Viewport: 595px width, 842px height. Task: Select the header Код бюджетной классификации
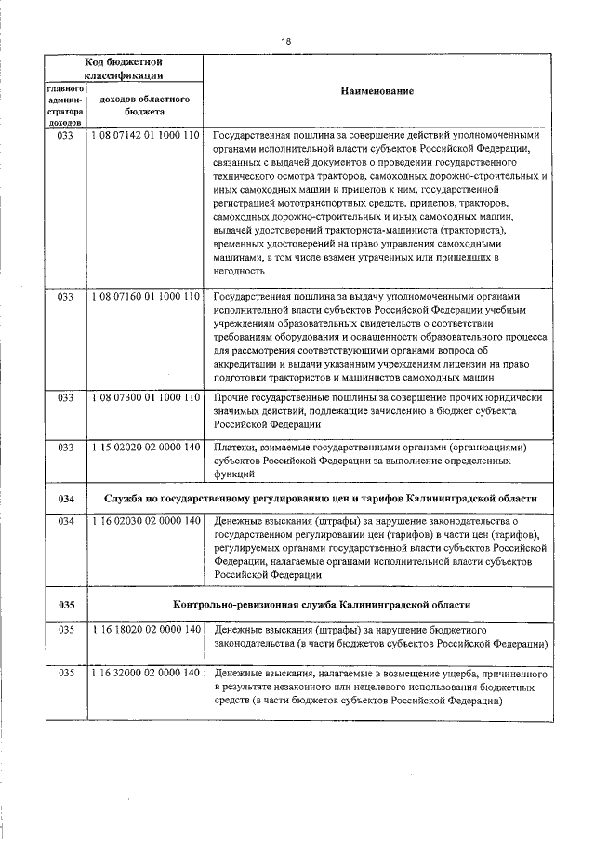coord(124,68)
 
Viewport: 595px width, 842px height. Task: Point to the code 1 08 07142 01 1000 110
coord(145,136)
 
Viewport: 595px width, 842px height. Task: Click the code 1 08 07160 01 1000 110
coord(145,297)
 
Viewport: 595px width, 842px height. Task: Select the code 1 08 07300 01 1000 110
coord(145,397)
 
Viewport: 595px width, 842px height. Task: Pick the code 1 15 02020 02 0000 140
coord(145,448)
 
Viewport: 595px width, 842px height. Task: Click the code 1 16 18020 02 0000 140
coord(145,630)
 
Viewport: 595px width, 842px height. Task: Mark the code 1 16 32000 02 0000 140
coord(145,673)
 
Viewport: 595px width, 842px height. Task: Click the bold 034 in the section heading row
coord(66,499)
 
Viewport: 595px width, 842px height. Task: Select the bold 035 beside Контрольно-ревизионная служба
coord(66,605)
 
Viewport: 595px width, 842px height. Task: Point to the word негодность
coord(239,271)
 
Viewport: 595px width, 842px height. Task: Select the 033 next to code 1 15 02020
coord(66,448)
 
